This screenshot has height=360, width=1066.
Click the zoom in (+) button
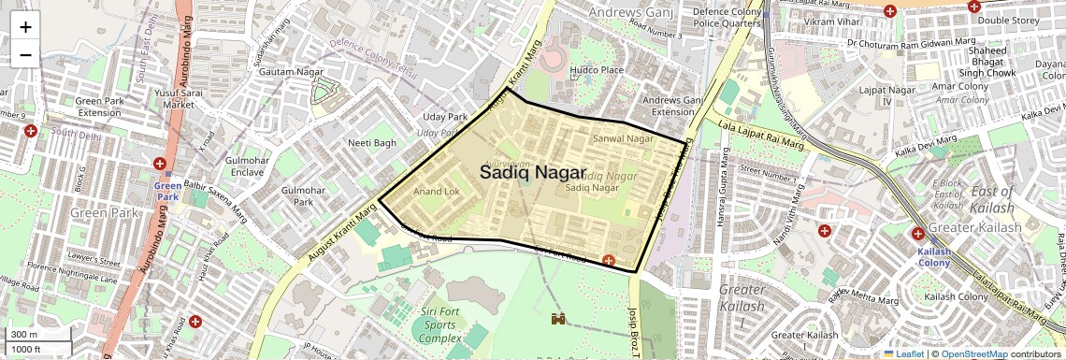click(x=25, y=26)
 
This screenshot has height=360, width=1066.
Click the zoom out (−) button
click(x=25, y=54)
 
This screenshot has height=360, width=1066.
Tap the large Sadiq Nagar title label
click(x=533, y=172)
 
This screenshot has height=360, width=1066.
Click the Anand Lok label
click(x=438, y=192)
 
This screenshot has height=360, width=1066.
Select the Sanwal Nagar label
click(x=623, y=139)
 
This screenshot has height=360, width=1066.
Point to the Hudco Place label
click(x=598, y=70)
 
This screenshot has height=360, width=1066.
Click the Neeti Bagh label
click(x=372, y=143)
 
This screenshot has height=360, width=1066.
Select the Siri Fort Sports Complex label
click(x=440, y=324)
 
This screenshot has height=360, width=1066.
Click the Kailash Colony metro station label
click(x=933, y=257)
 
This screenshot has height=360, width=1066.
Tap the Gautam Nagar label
click(x=266, y=72)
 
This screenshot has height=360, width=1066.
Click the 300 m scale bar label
click(x=24, y=334)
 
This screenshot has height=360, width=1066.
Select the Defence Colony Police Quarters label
click(x=728, y=17)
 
